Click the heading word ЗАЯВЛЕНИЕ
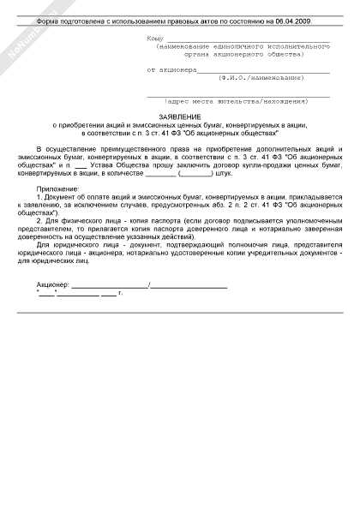tap(180, 116)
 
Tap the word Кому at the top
tap(155, 39)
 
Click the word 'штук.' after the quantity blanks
tap(225, 173)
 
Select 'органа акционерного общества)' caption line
tap(249, 54)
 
